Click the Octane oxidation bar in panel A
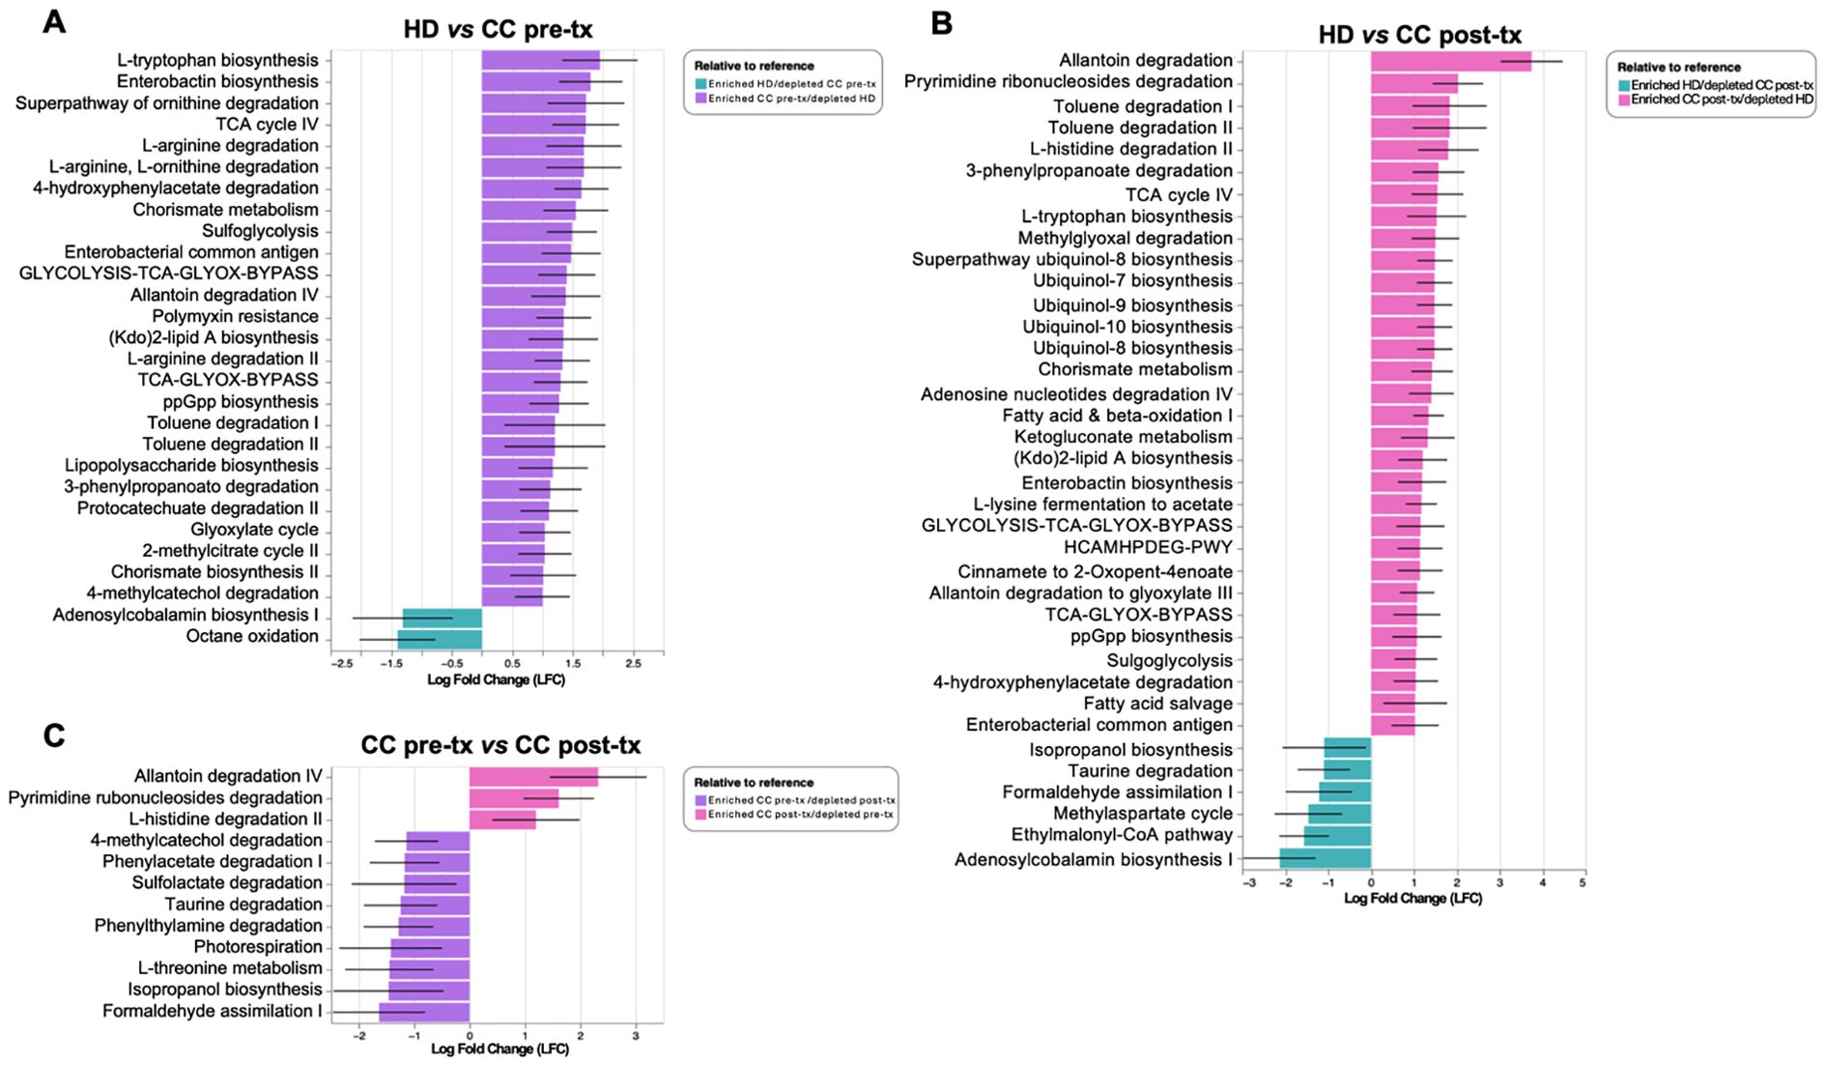click(440, 638)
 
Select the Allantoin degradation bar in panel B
click(1450, 62)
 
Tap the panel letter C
click(54, 736)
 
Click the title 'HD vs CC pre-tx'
click(498, 29)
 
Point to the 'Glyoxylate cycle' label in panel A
click(254, 530)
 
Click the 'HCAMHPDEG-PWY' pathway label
click(1148, 548)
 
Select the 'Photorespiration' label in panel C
click(258, 947)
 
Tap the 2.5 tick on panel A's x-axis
click(633, 665)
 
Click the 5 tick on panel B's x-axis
click(1583, 883)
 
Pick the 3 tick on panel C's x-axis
click(635, 1036)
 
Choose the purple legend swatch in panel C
click(700, 800)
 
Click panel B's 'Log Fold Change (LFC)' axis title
click(1412, 899)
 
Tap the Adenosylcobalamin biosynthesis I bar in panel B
click(1325, 859)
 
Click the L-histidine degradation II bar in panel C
click(502, 820)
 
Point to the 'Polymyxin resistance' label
click(235, 316)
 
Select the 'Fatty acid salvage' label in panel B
click(1157, 704)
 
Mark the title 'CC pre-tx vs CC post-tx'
click(500, 745)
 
